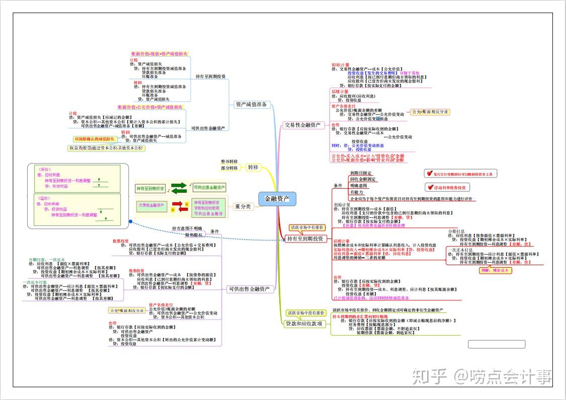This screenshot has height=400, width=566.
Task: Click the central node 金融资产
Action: coord(277,199)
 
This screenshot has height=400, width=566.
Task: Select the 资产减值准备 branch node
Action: coord(251,105)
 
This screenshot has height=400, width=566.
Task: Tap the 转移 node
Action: coord(253,167)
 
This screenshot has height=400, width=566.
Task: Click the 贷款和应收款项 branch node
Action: coord(304,324)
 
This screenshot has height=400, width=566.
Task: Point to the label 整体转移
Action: coord(229,162)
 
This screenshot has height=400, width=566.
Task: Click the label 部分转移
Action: coord(229,168)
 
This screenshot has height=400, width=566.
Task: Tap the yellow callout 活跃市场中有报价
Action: coord(307,228)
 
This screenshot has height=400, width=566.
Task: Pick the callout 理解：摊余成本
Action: coord(496,270)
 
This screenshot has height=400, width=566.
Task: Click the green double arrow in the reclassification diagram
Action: coord(179,188)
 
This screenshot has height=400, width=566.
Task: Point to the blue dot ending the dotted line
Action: coord(130,221)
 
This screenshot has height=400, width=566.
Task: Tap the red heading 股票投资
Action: coord(121,241)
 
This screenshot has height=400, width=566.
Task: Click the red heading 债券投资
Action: coord(136,271)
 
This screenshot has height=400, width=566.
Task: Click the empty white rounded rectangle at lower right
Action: coord(496,345)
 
